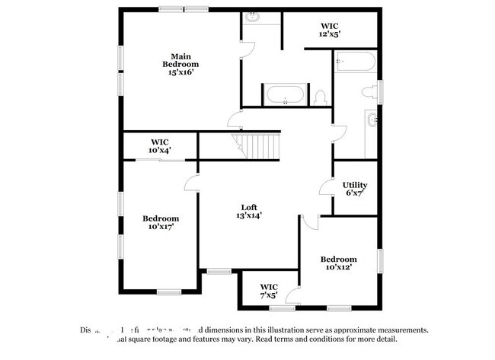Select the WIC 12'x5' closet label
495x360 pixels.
[x=330, y=29]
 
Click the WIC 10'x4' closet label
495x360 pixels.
[x=159, y=146]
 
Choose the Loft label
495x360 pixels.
[x=249, y=207]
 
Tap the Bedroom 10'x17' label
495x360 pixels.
[x=161, y=222]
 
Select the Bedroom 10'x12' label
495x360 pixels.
[x=338, y=263]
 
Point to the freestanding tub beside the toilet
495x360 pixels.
[x=286, y=95]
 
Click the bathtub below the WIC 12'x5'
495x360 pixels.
[x=354, y=61]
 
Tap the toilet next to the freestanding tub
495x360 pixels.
[x=321, y=97]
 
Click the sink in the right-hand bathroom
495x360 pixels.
[x=372, y=119]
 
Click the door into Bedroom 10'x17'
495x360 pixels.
[x=190, y=183]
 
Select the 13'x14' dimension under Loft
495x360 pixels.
[x=249, y=215]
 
